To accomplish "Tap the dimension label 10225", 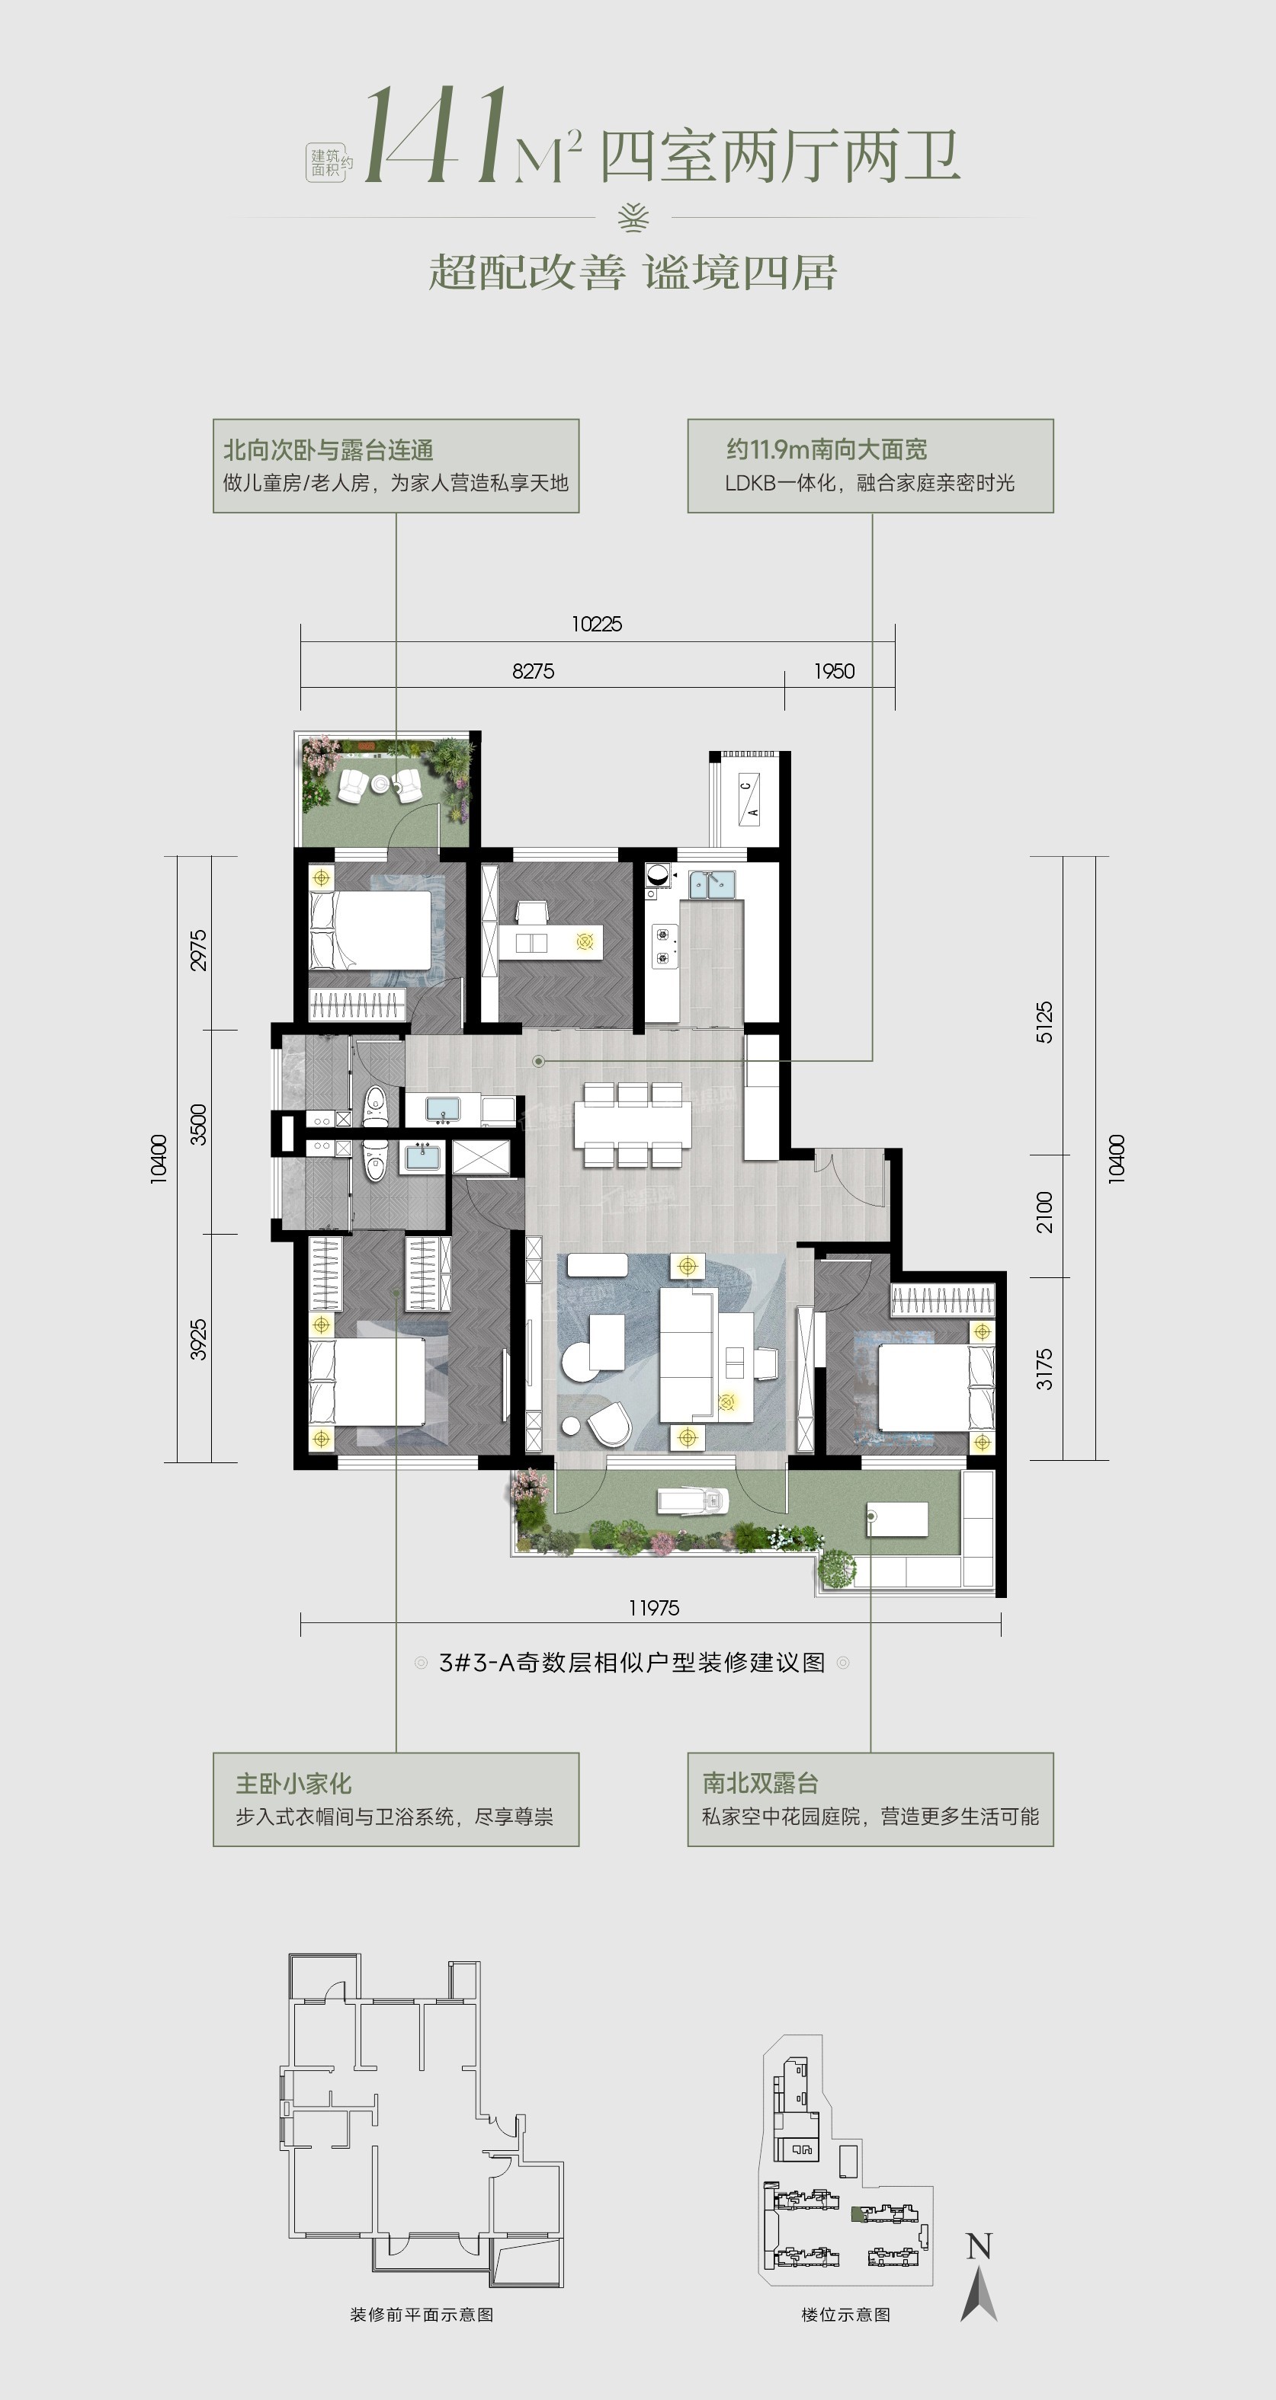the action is (x=597, y=625).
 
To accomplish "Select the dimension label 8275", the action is (x=533, y=671).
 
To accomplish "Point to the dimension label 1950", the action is (x=834, y=671).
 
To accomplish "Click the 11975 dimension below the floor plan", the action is (x=653, y=1607).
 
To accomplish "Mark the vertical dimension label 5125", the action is (x=1044, y=1022).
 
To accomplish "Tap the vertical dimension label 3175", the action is (x=1044, y=1369).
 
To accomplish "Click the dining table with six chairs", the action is (x=633, y=1124).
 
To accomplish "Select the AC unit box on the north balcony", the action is (x=749, y=798).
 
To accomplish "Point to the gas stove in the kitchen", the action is (x=664, y=944).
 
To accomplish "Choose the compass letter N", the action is (x=979, y=2246).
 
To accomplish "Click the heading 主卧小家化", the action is (x=293, y=1783).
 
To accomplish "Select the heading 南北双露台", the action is (x=761, y=1783).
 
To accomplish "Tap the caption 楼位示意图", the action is (x=845, y=2314).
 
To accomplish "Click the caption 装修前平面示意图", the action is (x=422, y=2314).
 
